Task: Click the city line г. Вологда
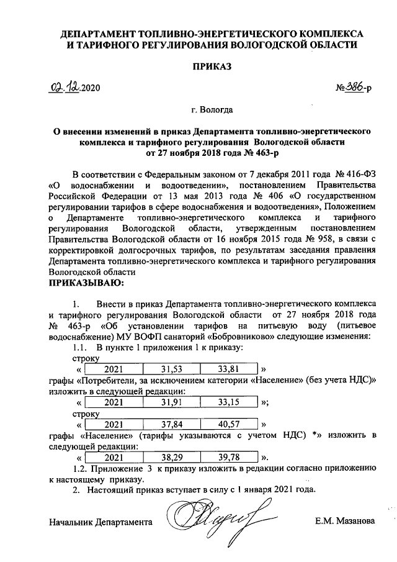click(212, 111)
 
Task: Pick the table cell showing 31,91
click(169, 402)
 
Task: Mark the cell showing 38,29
click(169, 458)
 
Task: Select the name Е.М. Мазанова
click(345, 521)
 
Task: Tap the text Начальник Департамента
click(100, 522)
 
